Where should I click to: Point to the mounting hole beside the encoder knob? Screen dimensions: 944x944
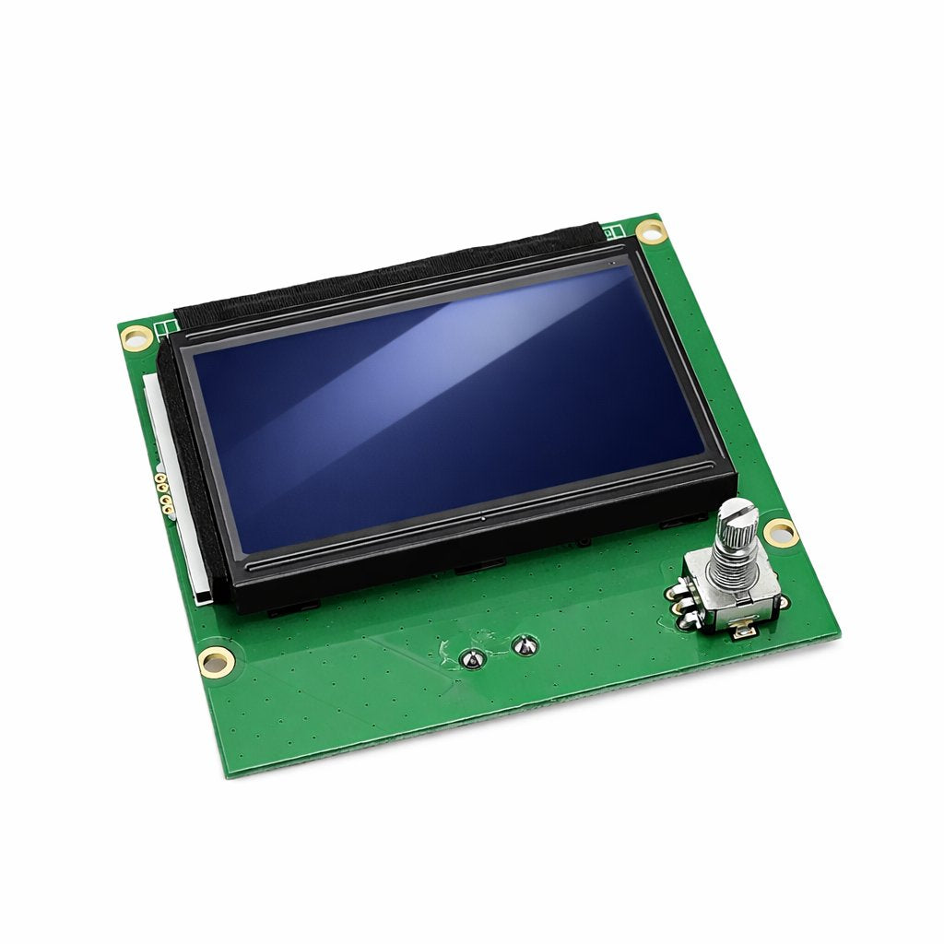pyautogui.click(x=780, y=531)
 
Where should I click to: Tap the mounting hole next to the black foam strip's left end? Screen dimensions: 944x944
pyautogui.click(x=136, y=336)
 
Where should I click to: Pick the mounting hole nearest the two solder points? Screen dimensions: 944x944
pyautogui.click(x=217, y=659)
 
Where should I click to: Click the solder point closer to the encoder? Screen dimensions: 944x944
pyautogui.click(x=524, y=645)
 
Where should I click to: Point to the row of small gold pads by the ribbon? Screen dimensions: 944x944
pyautogui.click(x=163, y=492)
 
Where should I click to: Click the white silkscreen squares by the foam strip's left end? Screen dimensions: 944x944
pyautogui.click(x=167, y=327)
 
